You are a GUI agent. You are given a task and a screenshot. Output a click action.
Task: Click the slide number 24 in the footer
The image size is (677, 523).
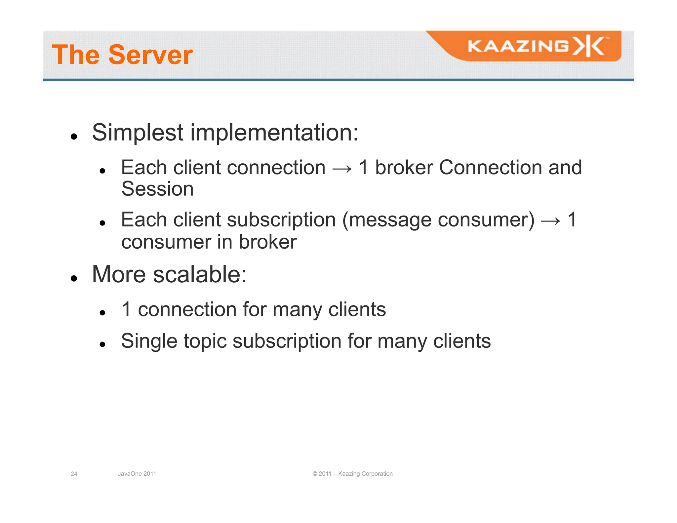pyautogui.click(x=74, y=474)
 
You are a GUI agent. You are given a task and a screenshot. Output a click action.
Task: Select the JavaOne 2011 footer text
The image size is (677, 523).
pyautogui.click(x=137, y=474)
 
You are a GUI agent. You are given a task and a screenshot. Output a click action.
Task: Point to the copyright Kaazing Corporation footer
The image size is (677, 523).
pyautogui.click(x=352, y=474)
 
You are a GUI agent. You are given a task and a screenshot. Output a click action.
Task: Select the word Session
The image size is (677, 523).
pyautogui.click(x=157, y=189)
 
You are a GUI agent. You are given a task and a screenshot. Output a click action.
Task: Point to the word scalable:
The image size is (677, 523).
pyautogui.click(x=200, y=275)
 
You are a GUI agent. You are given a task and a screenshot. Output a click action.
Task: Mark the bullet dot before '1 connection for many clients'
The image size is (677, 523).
pyautogui.click(x=102, y=312)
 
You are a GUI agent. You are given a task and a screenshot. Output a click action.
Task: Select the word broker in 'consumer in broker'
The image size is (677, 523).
pyautogui.click(x=267, y=242)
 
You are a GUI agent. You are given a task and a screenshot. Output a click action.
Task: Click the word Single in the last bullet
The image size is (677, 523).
pyautogui.click(x=149, y=342)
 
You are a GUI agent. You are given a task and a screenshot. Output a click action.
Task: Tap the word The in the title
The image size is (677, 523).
pyautogui.click(x=76, y=55)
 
